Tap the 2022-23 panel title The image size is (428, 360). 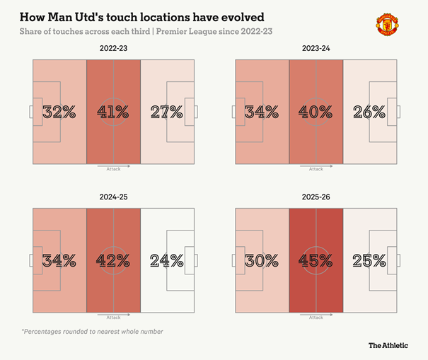tap(113, 48)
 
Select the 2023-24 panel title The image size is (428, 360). tap(316, 48)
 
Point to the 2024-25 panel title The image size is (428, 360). tap(113, 197)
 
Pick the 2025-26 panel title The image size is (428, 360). tap(316, 197)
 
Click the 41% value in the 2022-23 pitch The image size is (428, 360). tap(113, 112)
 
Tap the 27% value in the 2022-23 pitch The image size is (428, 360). tap(167, 112)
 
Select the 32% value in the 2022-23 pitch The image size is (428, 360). tap(59, 112)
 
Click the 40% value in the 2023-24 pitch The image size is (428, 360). tap(316, 112)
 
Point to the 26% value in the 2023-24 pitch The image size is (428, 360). tap(369, 112)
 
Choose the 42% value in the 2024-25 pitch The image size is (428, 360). tap(113, 261)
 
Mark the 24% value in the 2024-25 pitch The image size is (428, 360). tap(167, 261)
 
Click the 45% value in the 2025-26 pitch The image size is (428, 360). tap(316, 261)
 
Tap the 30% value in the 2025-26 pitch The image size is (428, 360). tap(262, 261)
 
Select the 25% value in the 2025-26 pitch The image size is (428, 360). tap(369, 261)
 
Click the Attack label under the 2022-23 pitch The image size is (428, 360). tap(113, 169)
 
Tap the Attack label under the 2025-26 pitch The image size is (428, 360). tap(316, 318)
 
